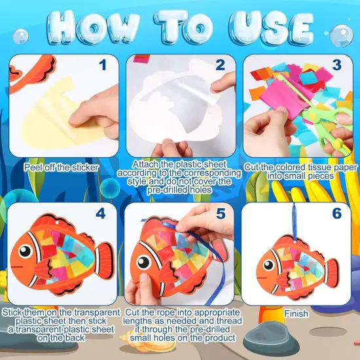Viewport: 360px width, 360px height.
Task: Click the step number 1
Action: (x=101, y=65)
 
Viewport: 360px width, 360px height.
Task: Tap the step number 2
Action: (x=220, y=65)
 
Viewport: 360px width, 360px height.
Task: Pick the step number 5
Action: (x=220, y=214)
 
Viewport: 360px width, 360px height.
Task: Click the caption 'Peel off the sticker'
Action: (x=62, y=167)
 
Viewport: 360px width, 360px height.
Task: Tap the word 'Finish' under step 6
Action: (x=296, y=314)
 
